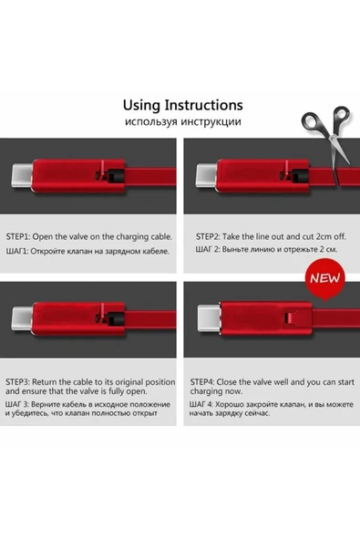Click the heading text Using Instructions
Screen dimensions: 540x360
[x=182, y=105]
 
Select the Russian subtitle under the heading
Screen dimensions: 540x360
[x=182, y=121]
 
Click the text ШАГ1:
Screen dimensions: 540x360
[x=20, y=249]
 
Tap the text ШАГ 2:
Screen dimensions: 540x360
[x=210, y=249]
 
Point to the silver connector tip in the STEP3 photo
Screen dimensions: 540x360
[x=19, y=318]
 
